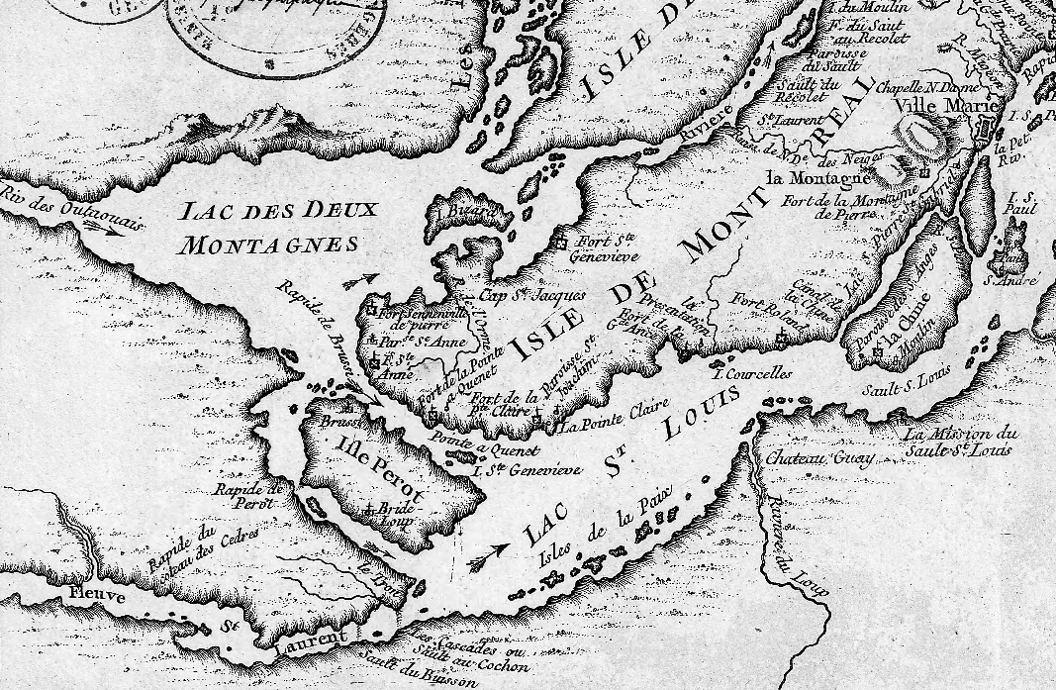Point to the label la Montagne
[817, 178]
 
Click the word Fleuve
[97, 597]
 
